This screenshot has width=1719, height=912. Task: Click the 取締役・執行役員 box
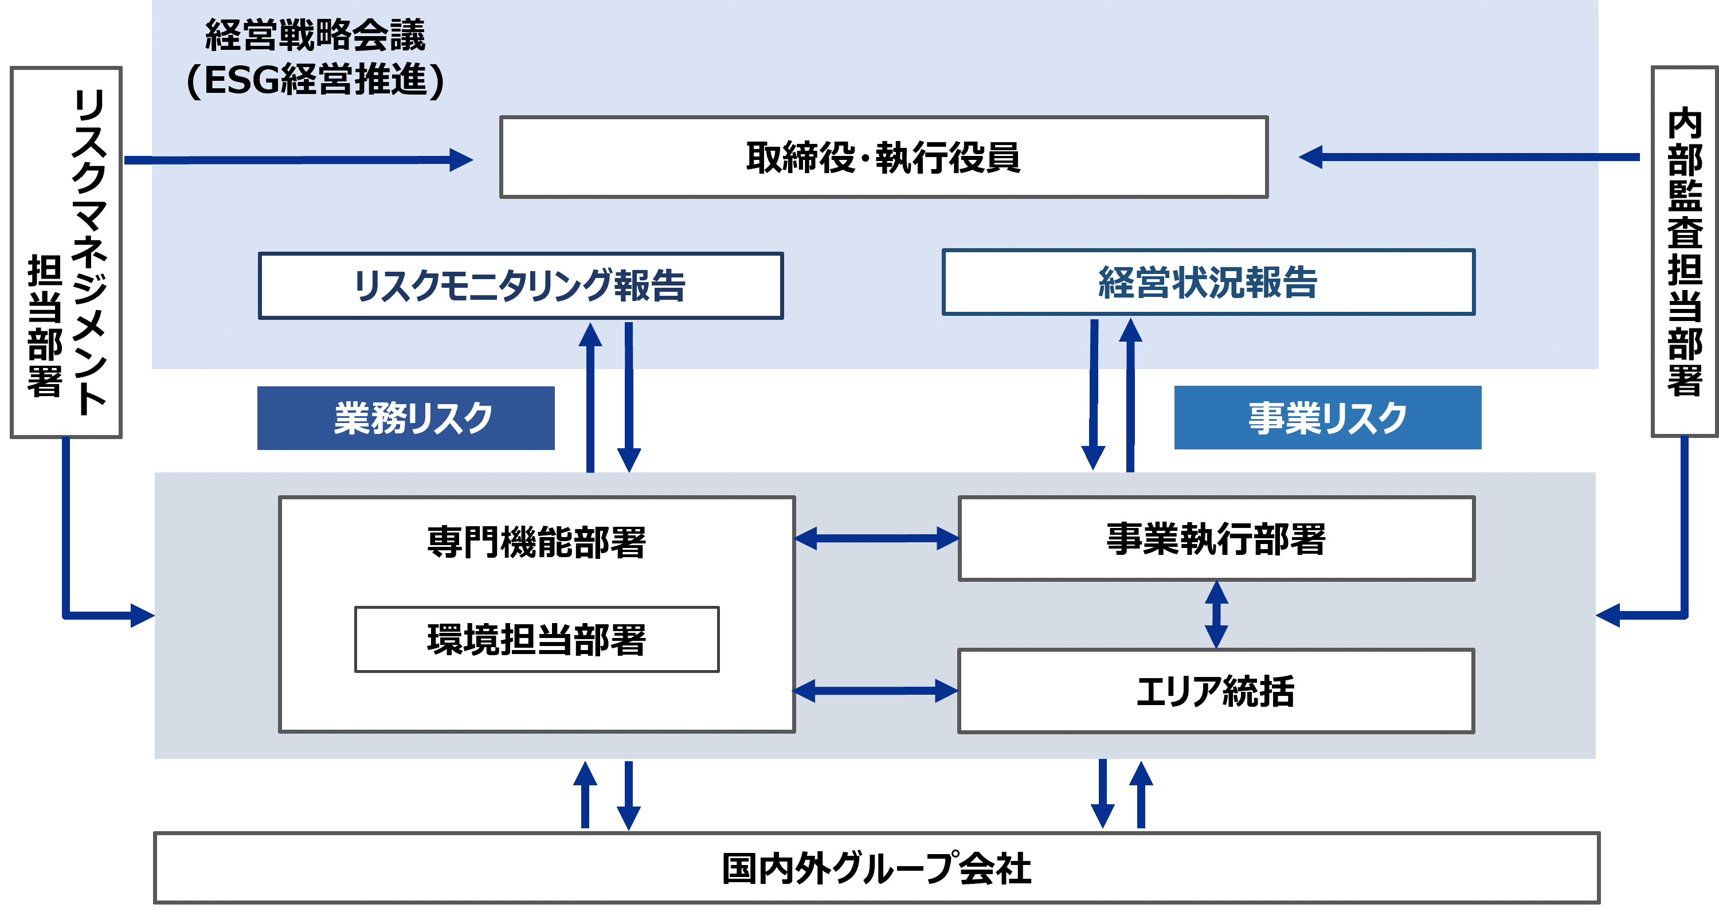pyautogui.click(x=883, y=158)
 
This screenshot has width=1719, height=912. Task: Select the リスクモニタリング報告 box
pyautogui.click(x=520, y=285)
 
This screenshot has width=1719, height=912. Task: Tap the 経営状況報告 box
pyautogui.click(x=1208, y=282)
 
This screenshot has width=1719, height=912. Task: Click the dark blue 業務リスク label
pyautogui.click(x=406, y=418)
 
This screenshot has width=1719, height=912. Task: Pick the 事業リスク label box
pyautogui.click(x=1328, y=418)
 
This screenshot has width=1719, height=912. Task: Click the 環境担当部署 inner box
pyautogui.click(x=537, y=639)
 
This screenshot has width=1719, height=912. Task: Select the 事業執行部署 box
pyautogui.click(x=1216, y=538)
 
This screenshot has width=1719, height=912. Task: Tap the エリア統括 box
pyautogui.click(x=1215, y=691)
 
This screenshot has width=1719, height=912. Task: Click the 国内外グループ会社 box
pyautogui.click(x=876, y=868)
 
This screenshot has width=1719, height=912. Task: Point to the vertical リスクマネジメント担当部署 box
pyautogui.click(x=66, y=252)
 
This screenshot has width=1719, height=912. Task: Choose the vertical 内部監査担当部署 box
pyautogui.click(x=1684, y=252)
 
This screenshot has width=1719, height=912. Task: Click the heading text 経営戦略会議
pyautogui.click(x=315, y=35)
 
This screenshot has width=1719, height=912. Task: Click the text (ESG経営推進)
pyautogui.click(x=315, y=80)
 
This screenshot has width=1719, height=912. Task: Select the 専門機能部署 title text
pyautogui.click(x=537, y=542)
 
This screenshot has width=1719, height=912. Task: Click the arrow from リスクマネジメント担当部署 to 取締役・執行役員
pyautogui.click(x=298, y=160)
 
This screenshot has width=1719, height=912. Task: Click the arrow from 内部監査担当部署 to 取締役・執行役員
pyautogui.click(x=1468, y=158)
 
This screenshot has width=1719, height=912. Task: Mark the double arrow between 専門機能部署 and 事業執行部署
pyautogui.click(x=876, y=538)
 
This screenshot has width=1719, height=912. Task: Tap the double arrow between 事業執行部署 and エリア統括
pyautogui.click(x=1216, y=614)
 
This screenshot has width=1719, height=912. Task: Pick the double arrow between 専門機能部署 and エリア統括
pyautogui.click(x=875, y=691)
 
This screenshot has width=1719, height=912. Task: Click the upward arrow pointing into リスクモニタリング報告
pyautogui.click(x=590, y=397)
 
